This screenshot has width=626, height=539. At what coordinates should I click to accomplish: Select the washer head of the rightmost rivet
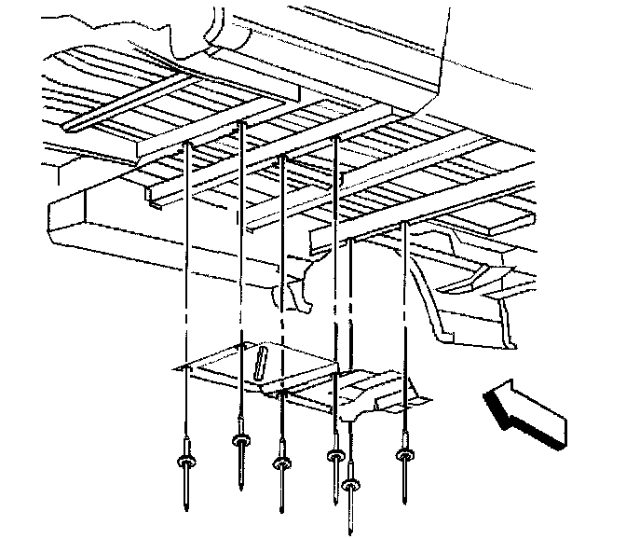405,454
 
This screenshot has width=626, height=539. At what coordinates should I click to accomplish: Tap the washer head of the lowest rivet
351,484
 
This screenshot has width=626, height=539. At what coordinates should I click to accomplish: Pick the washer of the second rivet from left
240,439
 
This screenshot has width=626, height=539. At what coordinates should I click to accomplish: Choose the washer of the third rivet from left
281,462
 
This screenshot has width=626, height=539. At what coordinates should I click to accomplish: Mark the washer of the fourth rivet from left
333,455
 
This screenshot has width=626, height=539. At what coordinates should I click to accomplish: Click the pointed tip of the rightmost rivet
406,494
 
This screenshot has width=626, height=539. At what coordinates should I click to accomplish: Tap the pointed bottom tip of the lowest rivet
351,532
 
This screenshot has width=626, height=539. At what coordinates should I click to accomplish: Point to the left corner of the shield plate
174,368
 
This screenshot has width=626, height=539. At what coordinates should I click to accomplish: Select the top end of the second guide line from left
241,123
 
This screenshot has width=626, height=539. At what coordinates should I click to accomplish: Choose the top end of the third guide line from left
281,157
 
